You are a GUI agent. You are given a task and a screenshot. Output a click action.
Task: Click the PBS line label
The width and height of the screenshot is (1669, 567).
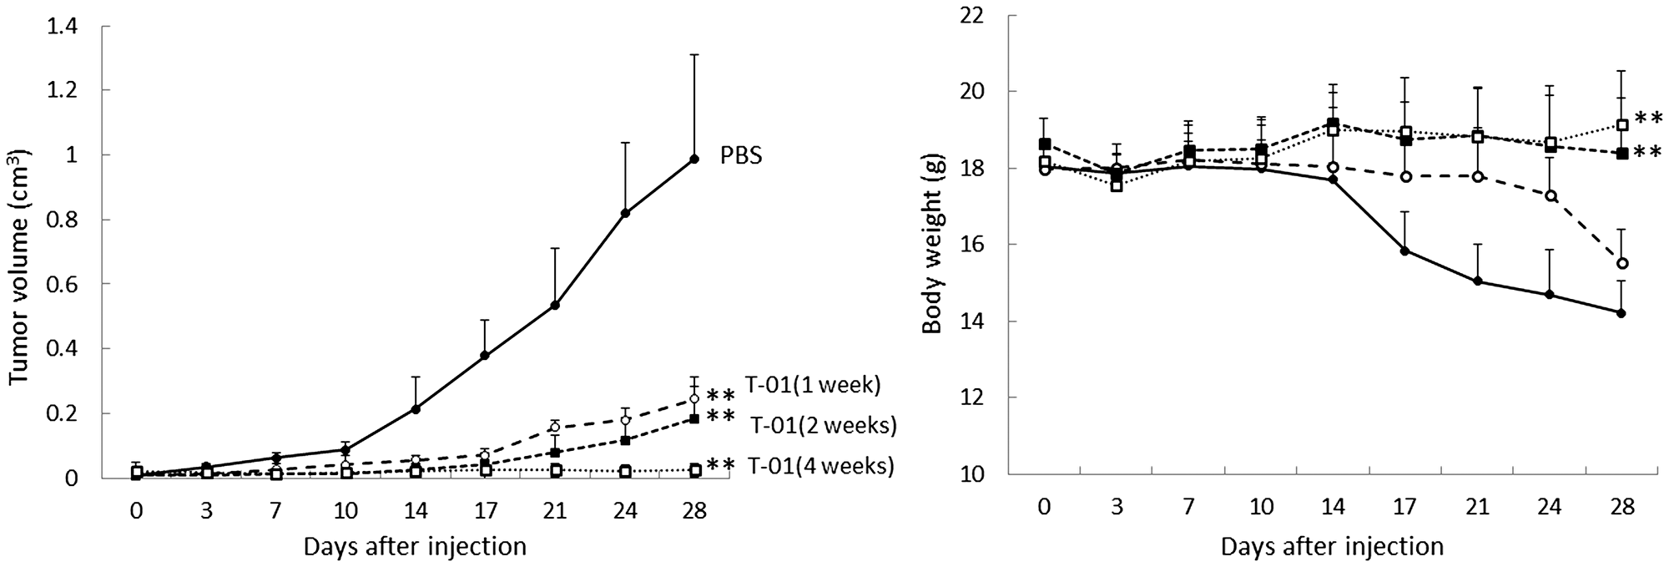(x=741, y=157)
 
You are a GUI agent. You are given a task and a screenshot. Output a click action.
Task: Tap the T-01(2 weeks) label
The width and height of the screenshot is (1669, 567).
(x=823, y=426)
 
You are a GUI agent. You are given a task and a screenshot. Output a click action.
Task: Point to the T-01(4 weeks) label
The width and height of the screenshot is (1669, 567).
(x=820, y=466)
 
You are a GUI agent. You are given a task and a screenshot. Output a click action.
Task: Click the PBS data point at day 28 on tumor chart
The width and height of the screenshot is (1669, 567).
(x=693, y=159)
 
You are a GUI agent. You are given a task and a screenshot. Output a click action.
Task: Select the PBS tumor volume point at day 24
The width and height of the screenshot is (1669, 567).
(x=625, y=213)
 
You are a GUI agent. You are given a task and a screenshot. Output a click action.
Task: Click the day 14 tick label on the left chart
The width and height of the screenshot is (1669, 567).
(x=416, y=511)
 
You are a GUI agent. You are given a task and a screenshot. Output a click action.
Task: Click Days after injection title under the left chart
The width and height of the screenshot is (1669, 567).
(x=415, y=547)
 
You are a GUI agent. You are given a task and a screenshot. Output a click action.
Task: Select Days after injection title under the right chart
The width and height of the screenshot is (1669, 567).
(x=1332, y=547)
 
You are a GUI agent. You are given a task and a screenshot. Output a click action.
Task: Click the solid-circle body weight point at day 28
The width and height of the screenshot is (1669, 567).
(x=1621, y=313)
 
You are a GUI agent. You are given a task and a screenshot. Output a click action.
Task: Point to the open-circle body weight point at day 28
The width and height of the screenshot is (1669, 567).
(x=1621, y=263)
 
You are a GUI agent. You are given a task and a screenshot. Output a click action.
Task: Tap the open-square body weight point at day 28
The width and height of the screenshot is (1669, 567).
(x=1621, y=125)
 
